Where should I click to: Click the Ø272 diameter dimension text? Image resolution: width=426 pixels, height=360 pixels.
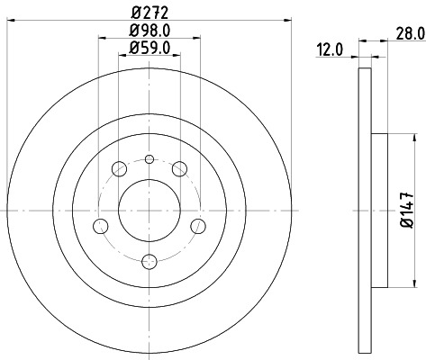tap(149, 12)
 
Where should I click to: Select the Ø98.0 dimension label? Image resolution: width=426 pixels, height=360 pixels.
tap(150, 32)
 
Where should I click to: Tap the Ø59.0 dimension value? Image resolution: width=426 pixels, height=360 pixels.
tap(150, 50)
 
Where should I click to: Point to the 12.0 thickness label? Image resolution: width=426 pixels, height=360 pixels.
tap(330, 50)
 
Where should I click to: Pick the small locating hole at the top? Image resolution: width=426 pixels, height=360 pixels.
tap(150, 160)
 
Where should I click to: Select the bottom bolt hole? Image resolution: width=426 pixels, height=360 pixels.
tap(150, 262)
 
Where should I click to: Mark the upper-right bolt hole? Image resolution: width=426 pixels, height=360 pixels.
tap(180, 168)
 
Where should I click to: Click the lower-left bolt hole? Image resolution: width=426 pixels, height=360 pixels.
tap(102, 224)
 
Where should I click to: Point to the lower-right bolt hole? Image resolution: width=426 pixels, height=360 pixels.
tap(197, 224)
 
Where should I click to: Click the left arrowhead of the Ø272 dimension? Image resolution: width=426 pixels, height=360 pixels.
tap(9, 21)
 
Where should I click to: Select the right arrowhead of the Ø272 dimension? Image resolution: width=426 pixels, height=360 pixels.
tap(289, 21)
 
